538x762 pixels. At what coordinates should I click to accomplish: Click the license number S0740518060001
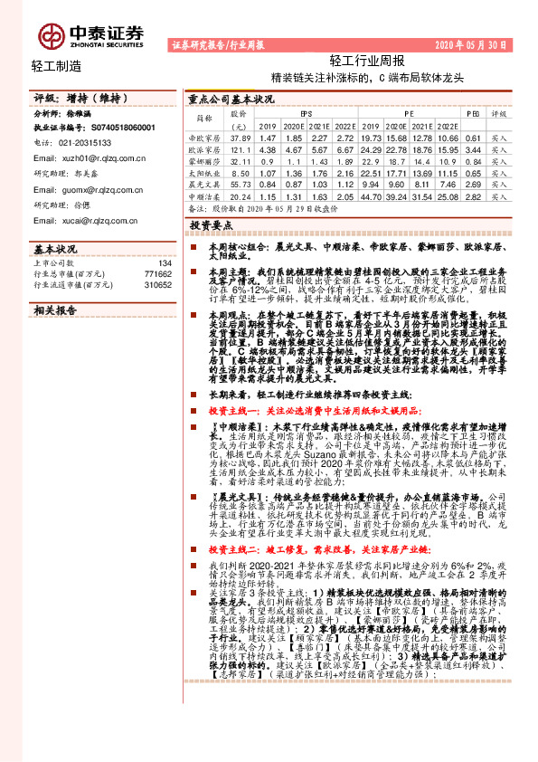pos(125,129)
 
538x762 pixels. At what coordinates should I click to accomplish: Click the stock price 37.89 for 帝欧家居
pos(239,138)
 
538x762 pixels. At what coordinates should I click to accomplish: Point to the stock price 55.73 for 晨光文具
pos(239,184)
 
